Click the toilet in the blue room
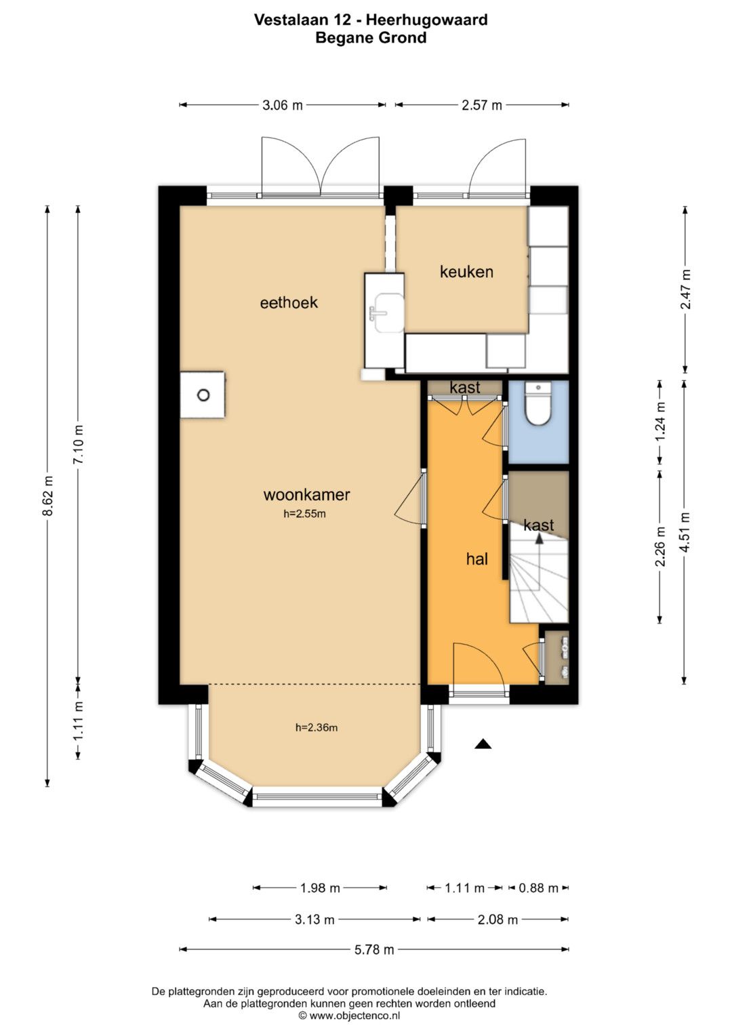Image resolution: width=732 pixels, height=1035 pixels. (538, 404)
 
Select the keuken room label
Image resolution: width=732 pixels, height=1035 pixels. (466, 272)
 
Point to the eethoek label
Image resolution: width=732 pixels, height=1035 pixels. (289, 303)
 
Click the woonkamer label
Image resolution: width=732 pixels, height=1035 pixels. (306, 495)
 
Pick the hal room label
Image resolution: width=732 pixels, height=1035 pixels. (477, 559)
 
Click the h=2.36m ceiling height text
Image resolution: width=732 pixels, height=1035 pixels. (317, 728)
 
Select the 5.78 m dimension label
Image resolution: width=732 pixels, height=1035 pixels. (374, 950)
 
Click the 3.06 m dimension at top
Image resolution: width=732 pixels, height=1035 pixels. (283, 105)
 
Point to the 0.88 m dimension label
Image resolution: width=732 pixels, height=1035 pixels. (538, 888)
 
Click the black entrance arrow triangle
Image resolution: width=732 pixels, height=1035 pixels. (483, 744)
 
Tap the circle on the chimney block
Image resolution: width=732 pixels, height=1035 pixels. (203, 395)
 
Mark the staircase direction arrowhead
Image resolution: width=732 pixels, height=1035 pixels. (539, 537)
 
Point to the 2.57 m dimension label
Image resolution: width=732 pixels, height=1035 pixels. (481, 105)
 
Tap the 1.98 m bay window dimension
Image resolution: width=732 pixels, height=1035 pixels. (320, 888)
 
